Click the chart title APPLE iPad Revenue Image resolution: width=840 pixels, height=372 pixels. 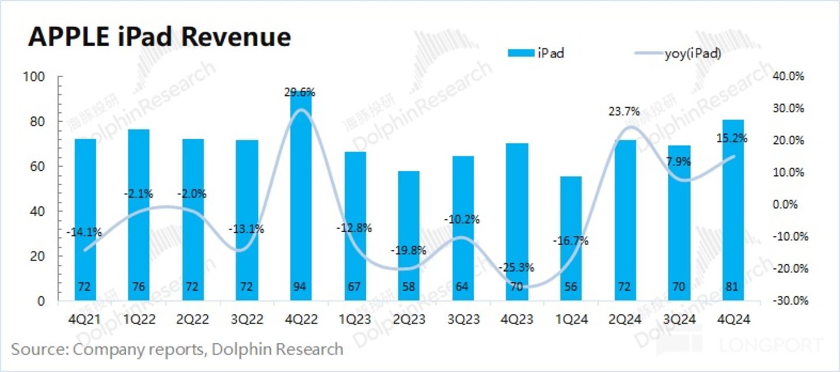[x=159, y=37]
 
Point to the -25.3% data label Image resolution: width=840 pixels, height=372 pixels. [x=516, y=268]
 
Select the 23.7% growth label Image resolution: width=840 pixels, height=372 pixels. [x=623, y=111]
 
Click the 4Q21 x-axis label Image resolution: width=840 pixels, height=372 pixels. [x=85, y=319]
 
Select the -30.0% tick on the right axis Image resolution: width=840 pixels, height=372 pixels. [x=789, y=301]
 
